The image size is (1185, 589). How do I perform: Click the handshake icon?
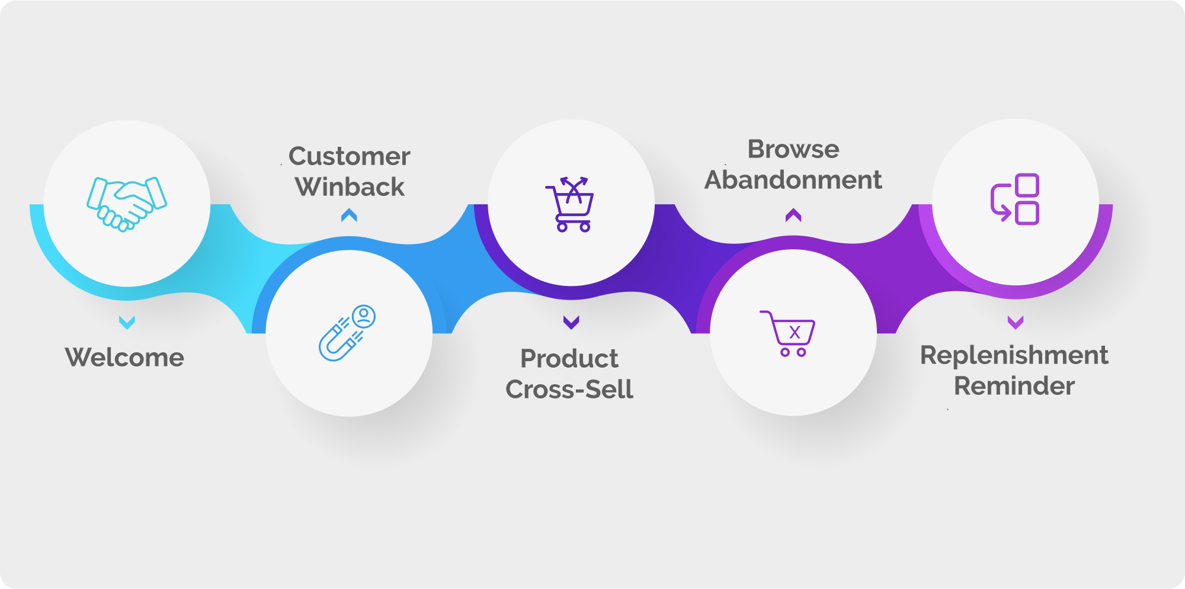[127, 204]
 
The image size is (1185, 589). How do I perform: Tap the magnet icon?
[347, 333]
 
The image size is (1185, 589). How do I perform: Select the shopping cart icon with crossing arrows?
[570, 204]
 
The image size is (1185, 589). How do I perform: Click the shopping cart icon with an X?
[787, 333]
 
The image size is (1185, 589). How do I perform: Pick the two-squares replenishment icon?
[1015, 199]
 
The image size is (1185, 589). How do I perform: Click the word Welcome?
[124, 358]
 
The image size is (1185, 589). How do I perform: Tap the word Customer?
[349, 156]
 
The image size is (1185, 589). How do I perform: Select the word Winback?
[350, 187]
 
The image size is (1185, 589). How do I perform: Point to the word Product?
[569, 359]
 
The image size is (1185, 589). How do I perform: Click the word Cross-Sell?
[569, 390]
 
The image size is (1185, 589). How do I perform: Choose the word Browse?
[793, 149]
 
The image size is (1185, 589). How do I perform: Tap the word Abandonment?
[793, 180]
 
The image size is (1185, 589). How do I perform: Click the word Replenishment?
[1014, 355]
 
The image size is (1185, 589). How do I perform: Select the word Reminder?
[1014, 386]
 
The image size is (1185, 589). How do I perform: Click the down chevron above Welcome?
[127, 322]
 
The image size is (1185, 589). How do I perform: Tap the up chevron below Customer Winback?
[349, 215]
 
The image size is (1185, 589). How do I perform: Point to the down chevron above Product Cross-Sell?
[571, 322]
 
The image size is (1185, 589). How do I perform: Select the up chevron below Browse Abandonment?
[793, 215]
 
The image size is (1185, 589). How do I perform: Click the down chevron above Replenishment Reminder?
[1016, 322]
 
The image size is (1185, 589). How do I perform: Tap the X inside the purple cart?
[795, 332]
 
